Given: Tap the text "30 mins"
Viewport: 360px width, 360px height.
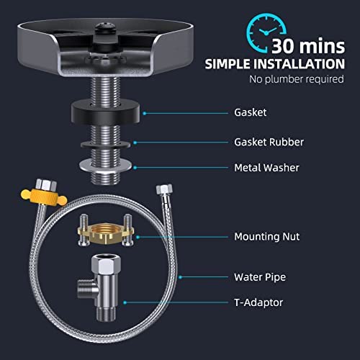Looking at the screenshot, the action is click(x=308, y=46).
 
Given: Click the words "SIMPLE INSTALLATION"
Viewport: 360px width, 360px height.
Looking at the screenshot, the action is click(x=274, y=64).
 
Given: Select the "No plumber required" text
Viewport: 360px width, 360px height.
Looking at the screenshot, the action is click(x=297, y=79).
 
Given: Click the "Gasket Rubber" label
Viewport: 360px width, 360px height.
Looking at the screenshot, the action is click(x=269, y=142).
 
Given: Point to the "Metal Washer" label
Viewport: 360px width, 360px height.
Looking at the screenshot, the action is click(x=266, y=168).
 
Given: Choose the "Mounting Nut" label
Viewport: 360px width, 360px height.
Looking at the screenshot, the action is click(x=266, y=237).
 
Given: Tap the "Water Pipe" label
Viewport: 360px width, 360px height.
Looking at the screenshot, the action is click(x=260, y=277).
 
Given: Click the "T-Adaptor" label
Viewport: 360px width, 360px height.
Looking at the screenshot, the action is click(x=258, y=302).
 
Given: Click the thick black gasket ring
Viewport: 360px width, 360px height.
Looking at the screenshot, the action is click(x=105, y=113).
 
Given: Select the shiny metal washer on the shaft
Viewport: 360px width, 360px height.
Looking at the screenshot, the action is click(x=105, y=166).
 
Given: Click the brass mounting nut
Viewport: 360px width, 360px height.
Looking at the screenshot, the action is click(x=106, y=233).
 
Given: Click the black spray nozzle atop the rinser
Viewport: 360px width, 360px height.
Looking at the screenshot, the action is click(x=105, y=29).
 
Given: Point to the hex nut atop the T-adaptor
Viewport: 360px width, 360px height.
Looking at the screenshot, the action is click(x=106, y=264).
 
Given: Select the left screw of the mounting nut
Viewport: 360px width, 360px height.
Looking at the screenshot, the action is click(x=84, y=230).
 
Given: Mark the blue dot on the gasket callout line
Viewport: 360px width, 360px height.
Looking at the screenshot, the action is click(x=145, y=113).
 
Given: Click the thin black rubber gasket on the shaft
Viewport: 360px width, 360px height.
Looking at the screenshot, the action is click(x=105, y=145).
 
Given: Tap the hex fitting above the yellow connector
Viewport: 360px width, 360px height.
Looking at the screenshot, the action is click(x=46, y=184).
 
